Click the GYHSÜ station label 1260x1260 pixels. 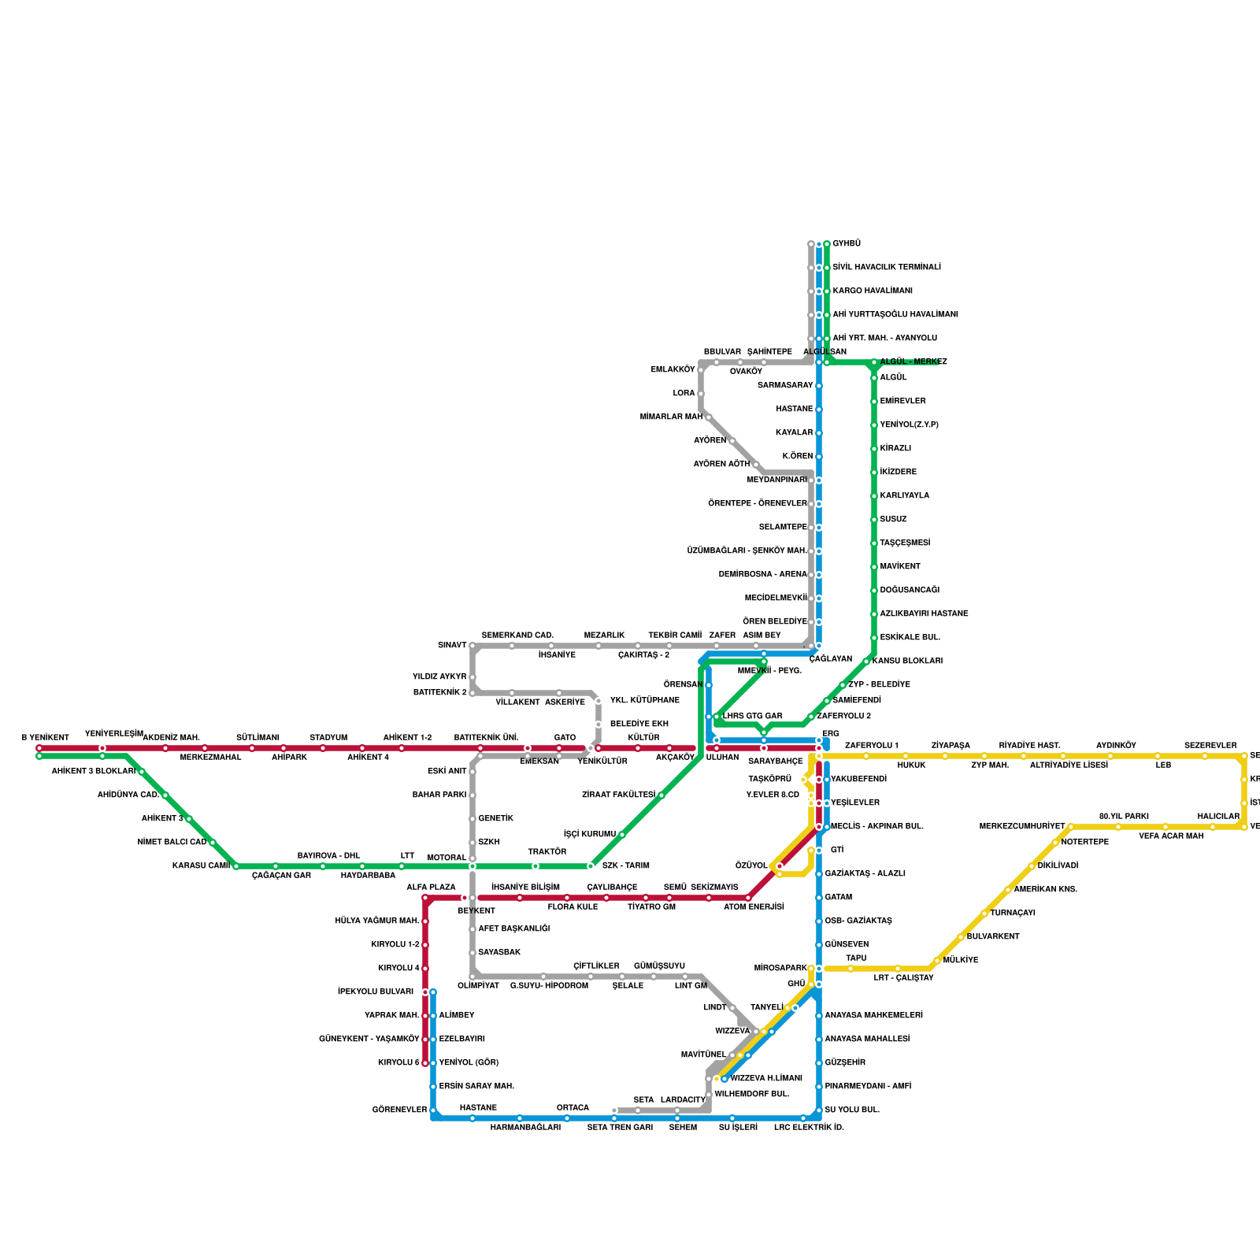(847, 244)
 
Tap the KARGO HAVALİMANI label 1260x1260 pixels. (873, 291)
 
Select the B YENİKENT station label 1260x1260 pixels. (45, 738)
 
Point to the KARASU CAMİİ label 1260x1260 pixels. (201, 866)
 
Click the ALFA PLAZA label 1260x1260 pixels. (431, 888)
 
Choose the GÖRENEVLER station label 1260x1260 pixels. (399, 1110)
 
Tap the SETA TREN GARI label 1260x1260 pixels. (620, 1128)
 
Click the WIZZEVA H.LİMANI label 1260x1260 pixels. (766, 1079)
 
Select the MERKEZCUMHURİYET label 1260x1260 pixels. (1021, 827)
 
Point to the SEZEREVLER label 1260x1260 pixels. (1210, 746)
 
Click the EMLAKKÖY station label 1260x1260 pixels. (673, 370)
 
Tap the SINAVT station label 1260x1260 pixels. (452, 646)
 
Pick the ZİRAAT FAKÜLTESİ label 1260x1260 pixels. (618, 795)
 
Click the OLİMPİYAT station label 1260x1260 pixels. (478, 986)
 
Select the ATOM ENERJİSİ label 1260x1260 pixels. (754, 907)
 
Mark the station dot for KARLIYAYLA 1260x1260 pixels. (874, 496)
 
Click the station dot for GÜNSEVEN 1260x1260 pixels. (819, 945)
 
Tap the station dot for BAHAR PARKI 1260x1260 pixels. (472, 795)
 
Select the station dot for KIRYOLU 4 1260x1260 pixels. (425, 969)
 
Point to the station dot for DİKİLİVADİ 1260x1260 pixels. (1032, 866)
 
